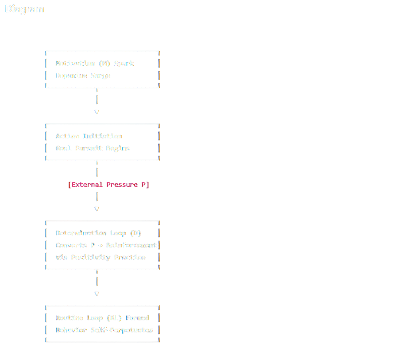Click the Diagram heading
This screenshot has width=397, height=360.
pos(24,9)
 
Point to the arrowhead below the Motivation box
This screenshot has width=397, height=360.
pos(97,112)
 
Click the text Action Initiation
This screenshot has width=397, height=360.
pos(89,136)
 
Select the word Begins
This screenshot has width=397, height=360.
pos(118,148)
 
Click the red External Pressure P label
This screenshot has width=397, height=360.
pos(108,185)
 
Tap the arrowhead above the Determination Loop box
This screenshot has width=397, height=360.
pos(97,209)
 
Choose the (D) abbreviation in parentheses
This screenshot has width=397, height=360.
pos(135,233)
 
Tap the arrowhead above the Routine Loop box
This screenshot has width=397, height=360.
pos(97,294)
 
